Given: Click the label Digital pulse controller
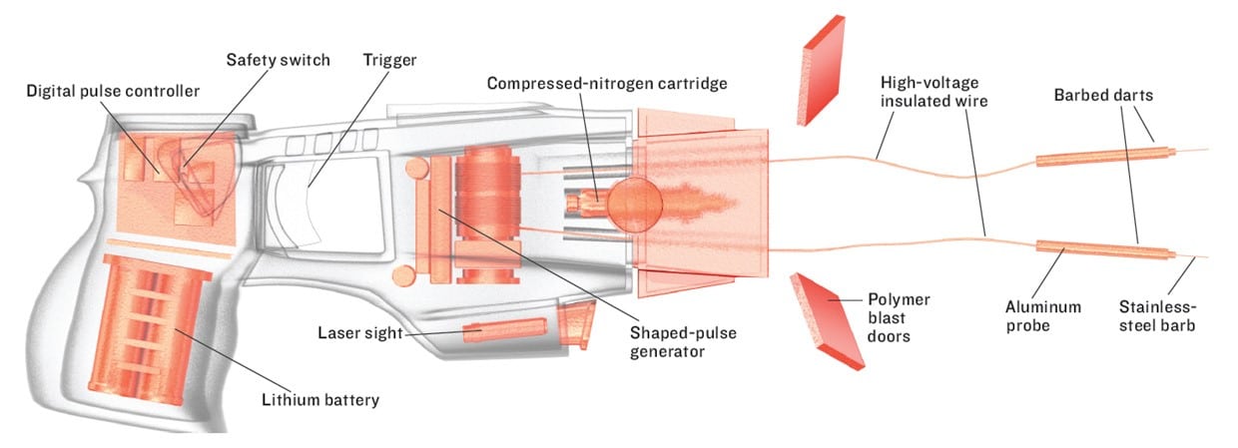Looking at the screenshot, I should click(x=113, y=91).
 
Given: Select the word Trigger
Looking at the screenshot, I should click(x=388, y=60).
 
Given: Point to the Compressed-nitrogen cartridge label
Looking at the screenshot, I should click(x=607, y=82).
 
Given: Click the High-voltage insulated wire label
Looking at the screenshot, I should click(x=934, y=91).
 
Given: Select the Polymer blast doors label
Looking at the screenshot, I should click(x=897, y=317).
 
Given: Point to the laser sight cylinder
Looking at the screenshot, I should click(x=504, y=329).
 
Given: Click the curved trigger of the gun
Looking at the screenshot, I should click(x=317, y=205).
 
